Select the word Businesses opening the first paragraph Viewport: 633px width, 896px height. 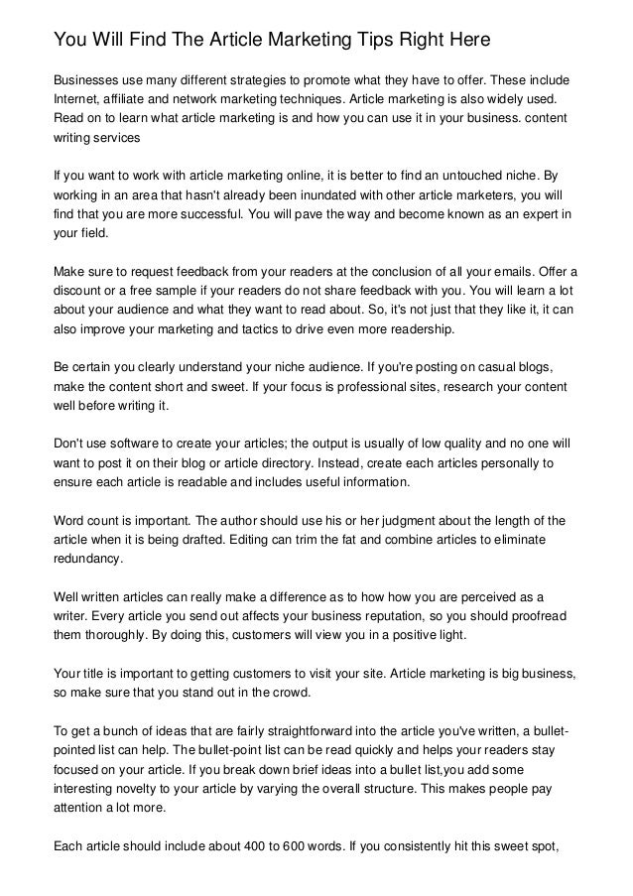coord(89,79)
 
